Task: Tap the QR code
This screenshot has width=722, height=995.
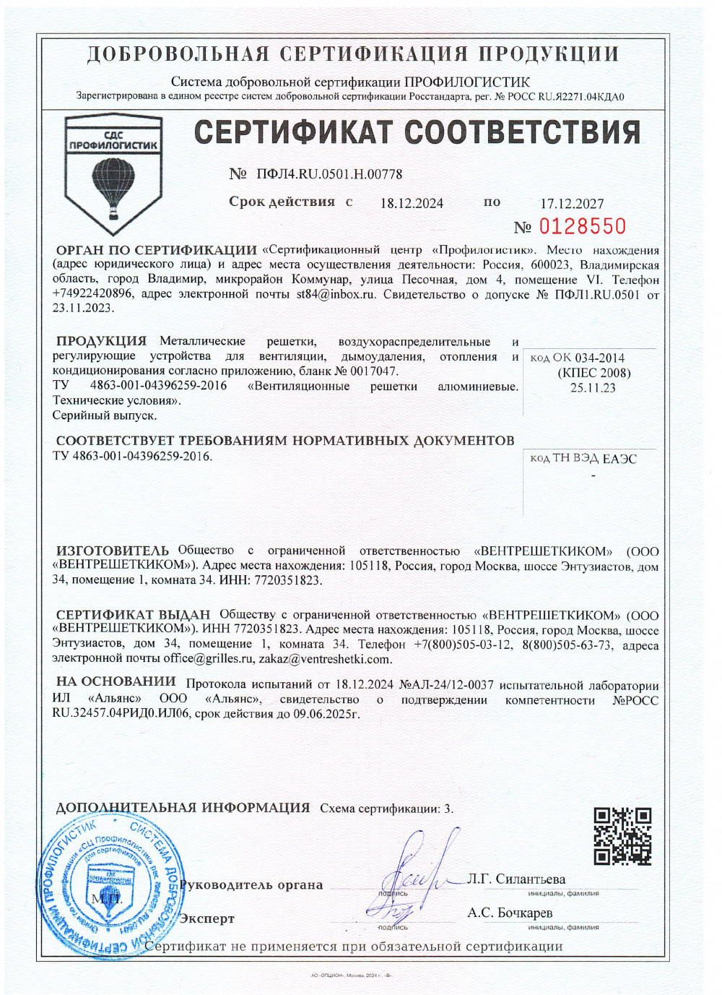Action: tap(622, 836)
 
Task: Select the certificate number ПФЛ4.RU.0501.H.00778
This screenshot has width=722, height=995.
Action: tap(329, 174)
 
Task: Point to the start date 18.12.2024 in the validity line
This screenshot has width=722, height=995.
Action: tap(412, 203)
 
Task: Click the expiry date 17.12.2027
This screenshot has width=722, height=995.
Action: tap(572, 204)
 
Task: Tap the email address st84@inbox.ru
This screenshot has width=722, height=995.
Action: tap(336, 294)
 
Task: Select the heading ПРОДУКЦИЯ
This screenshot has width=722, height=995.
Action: tap(101, 341)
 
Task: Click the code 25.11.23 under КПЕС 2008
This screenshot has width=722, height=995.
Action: tap(593, 388)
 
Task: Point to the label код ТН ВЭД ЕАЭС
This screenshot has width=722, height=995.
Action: tap(583, 459)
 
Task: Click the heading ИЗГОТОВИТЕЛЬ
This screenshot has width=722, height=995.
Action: tap(112, 551)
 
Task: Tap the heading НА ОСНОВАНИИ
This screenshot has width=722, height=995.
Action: tap(116, 681)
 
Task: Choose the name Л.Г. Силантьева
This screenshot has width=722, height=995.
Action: tap(516, 879)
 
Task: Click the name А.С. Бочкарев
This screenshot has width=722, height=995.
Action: tap(510, 913)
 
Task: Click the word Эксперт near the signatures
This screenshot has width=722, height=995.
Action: tap(207, 918)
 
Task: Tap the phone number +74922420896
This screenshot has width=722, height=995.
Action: tap(92, 294)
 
